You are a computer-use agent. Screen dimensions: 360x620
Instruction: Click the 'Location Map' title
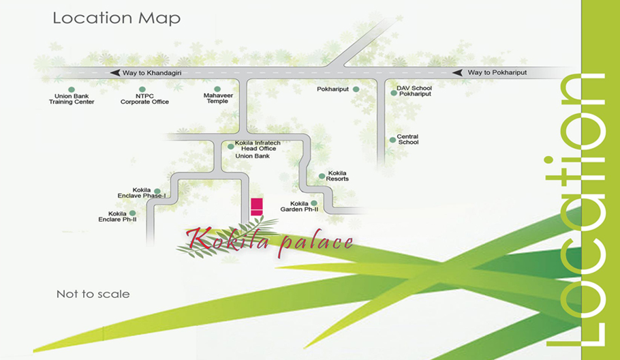pyautogui.click(x=117, y=18)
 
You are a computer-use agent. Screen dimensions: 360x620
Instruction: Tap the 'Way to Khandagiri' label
pyautogui.click(x=152, y=72)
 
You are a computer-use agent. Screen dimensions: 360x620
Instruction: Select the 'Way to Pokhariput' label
pyautogui.click(x=497, y=72)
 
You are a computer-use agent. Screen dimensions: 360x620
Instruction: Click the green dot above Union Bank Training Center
pyautogui.click(x=71, y=89)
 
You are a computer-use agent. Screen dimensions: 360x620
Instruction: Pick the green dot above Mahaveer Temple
pyautogui.click(x=218, y=89)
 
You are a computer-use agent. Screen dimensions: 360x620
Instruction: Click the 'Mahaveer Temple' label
pyautogui.click(x=218, y=99)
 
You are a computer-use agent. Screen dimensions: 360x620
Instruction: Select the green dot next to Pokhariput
pyautogui.click(x=356, y=89)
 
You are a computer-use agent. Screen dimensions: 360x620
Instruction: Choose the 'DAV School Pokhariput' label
pyautogui.click(x=414, y=91)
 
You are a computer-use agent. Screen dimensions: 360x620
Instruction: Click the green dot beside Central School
pyautogui.click(x=392, y=140)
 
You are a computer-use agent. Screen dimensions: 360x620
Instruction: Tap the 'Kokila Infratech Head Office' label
pyautogui.click(x=257, y=146)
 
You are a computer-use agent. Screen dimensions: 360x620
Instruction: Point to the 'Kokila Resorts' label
pyautogui.click(x=338, y=176)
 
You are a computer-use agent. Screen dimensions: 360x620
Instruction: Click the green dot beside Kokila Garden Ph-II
pyautogui.click(x=314, y=203)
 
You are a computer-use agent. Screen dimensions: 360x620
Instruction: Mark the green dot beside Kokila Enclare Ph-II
pyautogui.click(x=132, y=213)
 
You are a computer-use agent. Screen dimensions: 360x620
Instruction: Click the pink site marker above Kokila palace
pyautogui.click(x=257, y=207)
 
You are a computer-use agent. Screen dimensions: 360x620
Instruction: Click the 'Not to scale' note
pyautogui.click(x=93, y=295)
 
